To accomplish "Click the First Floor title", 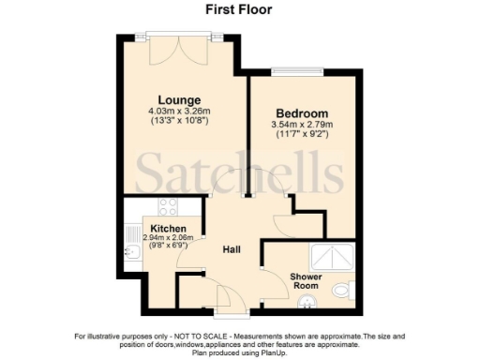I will [239, 10].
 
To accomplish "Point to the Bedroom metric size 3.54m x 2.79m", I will [300, 124].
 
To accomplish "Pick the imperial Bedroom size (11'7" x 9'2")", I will [300, 135].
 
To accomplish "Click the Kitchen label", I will [168, 229].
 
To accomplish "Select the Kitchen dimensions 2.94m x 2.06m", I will [167, 238].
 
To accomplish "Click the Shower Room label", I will [306, 281].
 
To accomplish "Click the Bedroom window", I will [298, 72].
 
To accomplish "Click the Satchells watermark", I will [240, 174].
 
